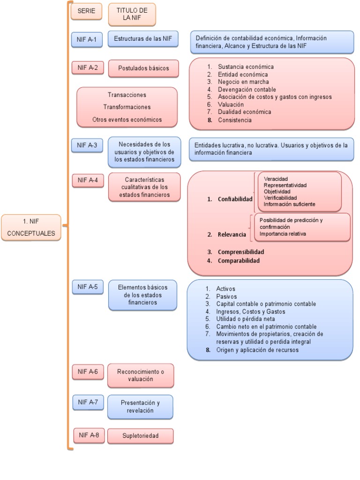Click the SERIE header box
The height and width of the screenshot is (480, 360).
[x=86, y=11]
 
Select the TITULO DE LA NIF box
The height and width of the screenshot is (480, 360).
[x=132, y=14]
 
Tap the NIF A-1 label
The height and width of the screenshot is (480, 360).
[x=86, y=39]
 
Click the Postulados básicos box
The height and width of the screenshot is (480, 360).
[x=143, y=68]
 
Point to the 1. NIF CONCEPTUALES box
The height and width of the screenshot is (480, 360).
[x=31, y=227]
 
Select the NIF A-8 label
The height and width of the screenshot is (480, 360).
[x=89, y=435]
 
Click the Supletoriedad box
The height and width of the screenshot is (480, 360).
[x=140, y=436]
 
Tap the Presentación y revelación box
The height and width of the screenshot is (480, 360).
[x=140, y=406]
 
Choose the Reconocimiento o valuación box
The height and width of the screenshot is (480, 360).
[x=140, y=375]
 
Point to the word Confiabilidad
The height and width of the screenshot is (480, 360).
[x=235, y=199]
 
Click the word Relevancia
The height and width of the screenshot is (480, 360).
[x=232, y=233]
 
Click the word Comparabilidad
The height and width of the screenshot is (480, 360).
[x=239, y=261]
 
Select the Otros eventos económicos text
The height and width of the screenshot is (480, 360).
[x=127, y=120]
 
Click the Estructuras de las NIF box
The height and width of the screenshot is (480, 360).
[x=143, y=39]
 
